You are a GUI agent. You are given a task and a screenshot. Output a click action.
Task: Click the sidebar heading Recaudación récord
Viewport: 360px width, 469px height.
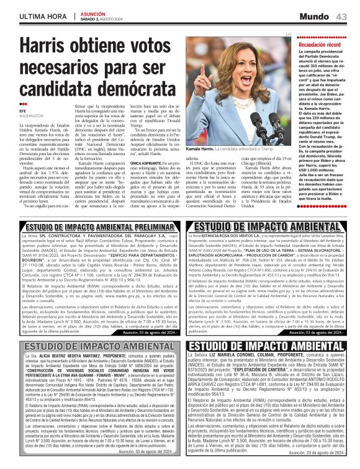322,45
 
